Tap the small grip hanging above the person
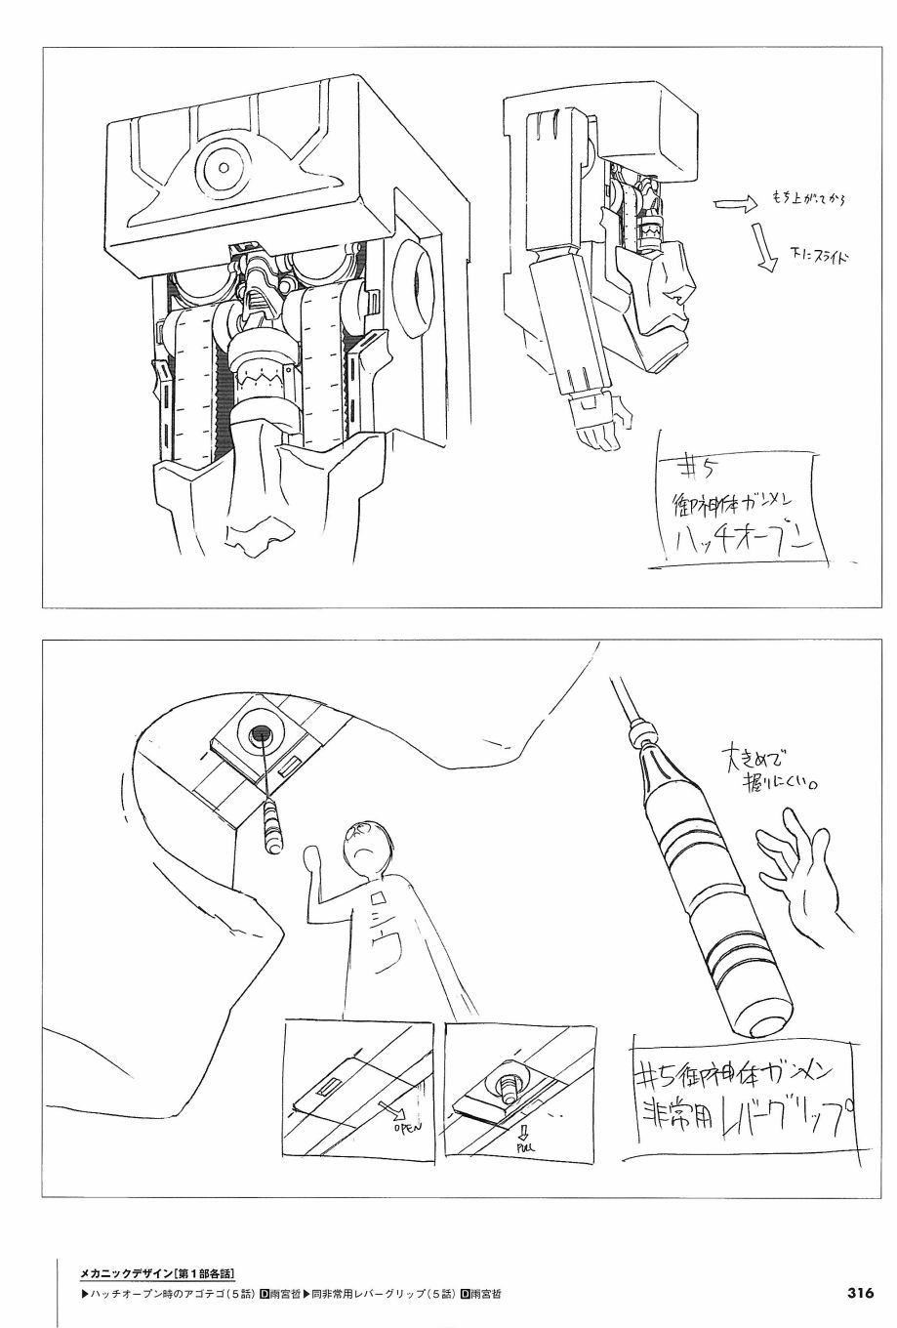tap(272, 824)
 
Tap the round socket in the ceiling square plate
tap(262, 737)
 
